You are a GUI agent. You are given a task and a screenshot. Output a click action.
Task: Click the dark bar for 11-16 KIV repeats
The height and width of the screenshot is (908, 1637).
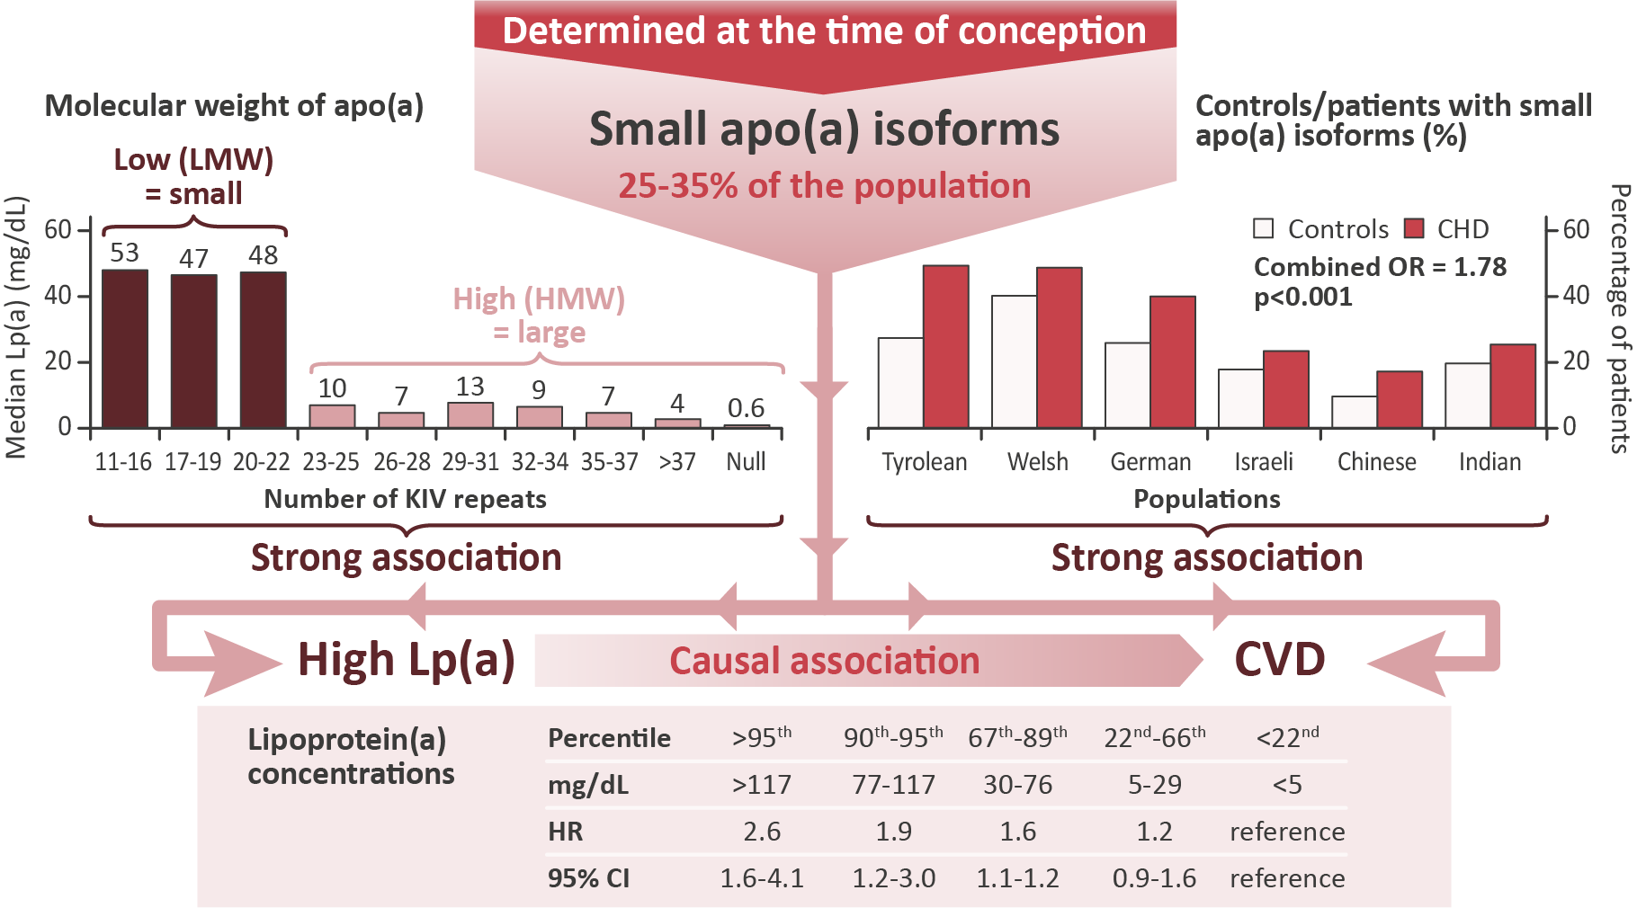125,348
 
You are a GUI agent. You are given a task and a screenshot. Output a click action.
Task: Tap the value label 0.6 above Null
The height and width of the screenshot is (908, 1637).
746,408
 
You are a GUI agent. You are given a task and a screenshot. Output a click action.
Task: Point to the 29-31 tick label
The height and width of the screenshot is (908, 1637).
470,462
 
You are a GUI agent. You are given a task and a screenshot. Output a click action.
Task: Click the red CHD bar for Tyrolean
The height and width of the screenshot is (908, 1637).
945,346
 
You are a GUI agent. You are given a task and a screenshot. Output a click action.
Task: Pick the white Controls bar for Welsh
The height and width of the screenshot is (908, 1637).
1014,361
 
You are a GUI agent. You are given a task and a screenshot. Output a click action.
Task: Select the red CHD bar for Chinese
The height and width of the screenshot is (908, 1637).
1400,399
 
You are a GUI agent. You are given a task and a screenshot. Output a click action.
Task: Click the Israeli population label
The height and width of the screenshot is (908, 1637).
1264,462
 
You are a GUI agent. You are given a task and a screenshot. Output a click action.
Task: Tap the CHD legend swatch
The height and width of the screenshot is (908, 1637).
1414,228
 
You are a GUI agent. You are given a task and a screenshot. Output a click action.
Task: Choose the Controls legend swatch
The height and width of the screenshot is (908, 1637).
1263,228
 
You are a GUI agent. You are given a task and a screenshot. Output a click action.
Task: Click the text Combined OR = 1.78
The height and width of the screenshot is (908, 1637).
1380,267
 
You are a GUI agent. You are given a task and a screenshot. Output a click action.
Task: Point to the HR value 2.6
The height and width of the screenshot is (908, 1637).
762,832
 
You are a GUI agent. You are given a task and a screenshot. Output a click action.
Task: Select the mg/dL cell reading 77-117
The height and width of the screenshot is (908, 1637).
893,785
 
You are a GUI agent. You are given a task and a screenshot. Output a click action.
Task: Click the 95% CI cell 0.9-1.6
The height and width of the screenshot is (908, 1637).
1154,878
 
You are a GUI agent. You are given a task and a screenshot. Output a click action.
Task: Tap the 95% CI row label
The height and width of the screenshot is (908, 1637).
588,878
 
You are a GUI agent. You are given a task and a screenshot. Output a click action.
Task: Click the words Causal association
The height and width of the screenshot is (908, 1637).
824,661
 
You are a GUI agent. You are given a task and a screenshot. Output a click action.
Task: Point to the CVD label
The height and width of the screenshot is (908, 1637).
1279,659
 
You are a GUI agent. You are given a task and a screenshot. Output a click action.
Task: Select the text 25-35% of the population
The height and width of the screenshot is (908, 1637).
824,186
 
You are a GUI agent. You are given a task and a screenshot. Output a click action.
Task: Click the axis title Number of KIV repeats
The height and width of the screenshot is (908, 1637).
405,499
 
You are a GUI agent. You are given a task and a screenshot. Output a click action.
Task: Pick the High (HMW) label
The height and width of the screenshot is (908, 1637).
539,298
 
